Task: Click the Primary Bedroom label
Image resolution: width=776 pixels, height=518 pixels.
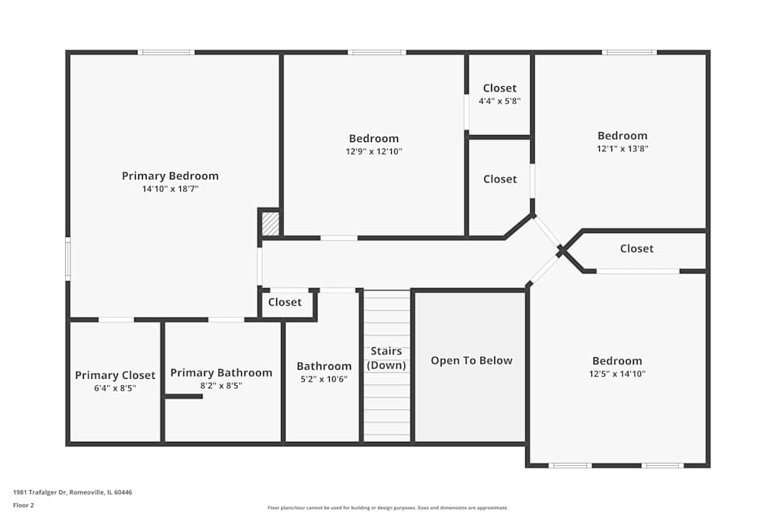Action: click(170, 176)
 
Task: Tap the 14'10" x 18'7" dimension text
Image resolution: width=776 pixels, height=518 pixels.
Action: click(170, 189)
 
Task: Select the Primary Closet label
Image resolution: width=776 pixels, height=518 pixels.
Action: click(115, 375)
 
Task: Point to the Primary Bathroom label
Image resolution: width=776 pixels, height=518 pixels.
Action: click(221, 373)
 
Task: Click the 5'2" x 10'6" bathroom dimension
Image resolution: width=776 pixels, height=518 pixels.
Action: click(324, 379)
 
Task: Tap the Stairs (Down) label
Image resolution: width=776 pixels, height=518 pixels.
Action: click(386, 358)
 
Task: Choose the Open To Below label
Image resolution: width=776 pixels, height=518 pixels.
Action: click(472, 360)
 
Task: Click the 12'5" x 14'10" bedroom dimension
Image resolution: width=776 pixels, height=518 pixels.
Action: click(617, 374)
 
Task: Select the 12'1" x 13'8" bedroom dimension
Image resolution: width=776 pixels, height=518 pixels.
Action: click(622, 148)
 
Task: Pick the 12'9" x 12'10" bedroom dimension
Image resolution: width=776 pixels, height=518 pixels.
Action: click(373, 151)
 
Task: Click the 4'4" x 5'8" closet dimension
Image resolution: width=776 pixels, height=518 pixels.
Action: click(500, 101)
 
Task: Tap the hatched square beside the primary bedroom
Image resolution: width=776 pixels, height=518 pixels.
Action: click(269, 224)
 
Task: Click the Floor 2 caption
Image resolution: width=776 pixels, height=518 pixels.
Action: click(23, 505)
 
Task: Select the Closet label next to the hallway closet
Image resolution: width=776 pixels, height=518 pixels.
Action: click(285, 302)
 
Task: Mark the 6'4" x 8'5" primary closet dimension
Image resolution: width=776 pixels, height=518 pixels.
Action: click(115, 388)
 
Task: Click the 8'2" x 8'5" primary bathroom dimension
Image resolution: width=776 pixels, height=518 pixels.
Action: click(221, 385)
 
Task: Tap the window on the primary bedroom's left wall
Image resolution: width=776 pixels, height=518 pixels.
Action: click(68, 259)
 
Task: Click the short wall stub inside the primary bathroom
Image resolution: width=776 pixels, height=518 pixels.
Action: click(184, 396)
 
